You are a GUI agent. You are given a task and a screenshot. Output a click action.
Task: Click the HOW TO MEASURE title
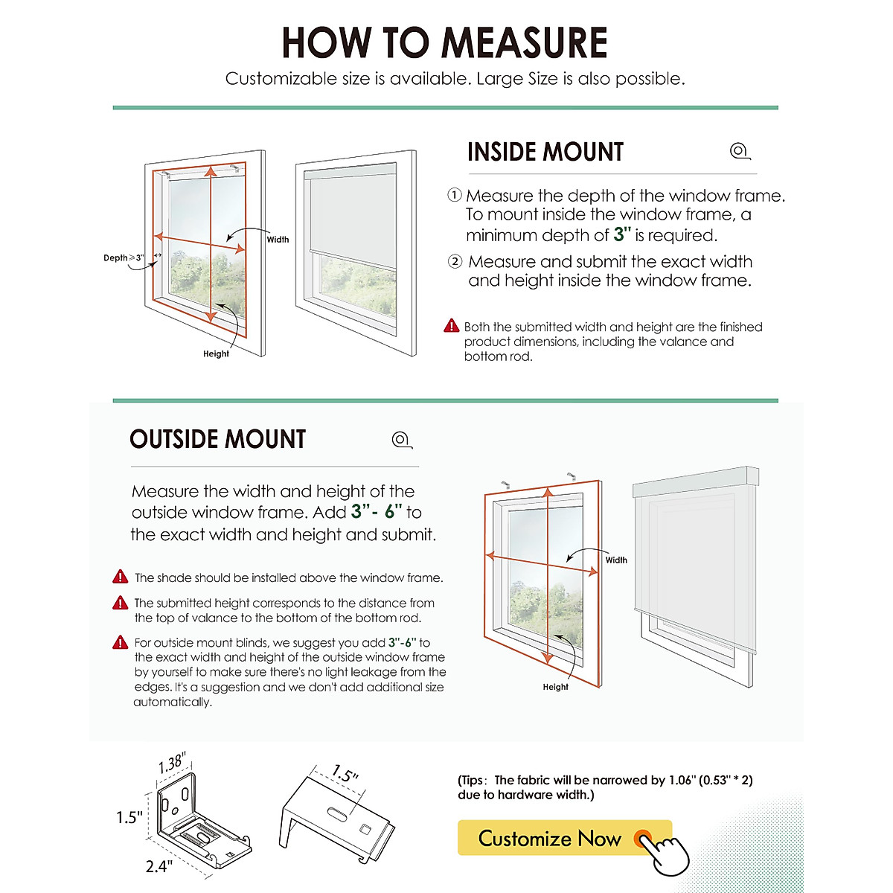[x=444, y=42]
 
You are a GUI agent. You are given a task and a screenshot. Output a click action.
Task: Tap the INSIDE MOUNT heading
[x=545, y=152]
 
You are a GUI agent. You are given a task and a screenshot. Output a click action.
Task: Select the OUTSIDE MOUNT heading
[x=217, y=439]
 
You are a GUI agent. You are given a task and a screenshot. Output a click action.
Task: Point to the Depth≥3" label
[x=123, y=258]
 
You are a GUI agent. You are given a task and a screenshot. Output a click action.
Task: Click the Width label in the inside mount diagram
[x=278, y=240]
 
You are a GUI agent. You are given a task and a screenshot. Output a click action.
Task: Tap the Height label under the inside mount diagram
[x=216, y=354]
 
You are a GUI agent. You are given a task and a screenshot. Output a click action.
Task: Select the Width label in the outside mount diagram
[x=616, y=560]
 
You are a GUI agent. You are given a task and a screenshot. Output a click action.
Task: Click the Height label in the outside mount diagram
[x=555, y=688]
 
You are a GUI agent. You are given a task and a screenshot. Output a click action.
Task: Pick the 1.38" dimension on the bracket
[x=172, y=764]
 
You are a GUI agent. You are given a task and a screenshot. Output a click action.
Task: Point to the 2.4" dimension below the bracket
[x=159, y=866]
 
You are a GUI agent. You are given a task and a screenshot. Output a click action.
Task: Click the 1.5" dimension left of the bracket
[x=129, y=818]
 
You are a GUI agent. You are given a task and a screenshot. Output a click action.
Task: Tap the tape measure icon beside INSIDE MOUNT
[x=740, y=152]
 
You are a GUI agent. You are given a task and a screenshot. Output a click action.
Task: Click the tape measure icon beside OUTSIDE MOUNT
[x=402, y=440]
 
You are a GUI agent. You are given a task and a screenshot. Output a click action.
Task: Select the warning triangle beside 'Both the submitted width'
[x=452, y=326]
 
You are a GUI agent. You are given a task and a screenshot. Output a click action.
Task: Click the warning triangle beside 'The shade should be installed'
[x=121, y=577]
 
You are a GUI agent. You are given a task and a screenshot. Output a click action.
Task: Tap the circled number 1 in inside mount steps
[x=455, y=195]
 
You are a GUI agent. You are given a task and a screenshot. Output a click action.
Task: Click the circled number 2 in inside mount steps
[x=455, y=261]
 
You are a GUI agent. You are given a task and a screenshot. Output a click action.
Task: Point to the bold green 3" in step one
[x=622, y=235]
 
